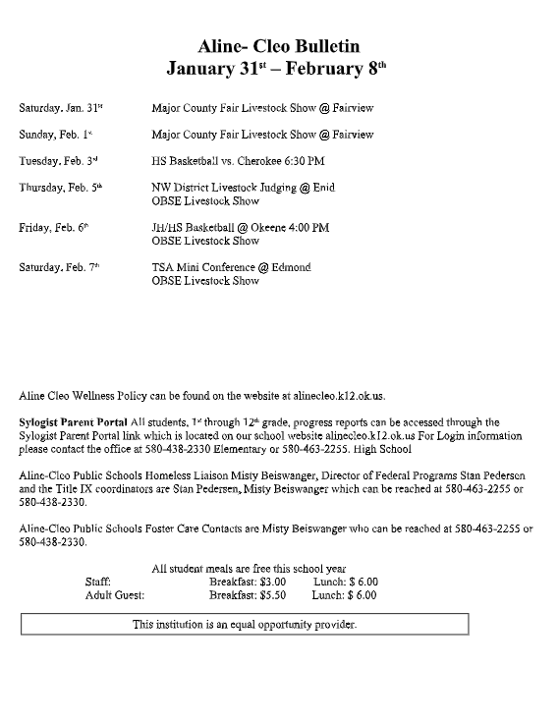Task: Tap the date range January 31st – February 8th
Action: [x=279, y=69]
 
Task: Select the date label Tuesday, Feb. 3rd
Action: [x=60, y=161]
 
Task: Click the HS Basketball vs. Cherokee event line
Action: [x=238, y=161]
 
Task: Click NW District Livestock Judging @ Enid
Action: [x=243, y=188]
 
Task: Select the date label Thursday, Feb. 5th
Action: [x=61, y=188]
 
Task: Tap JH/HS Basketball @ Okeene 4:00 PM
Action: [x=240, y=227]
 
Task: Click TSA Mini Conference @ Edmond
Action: [x=231, y=267]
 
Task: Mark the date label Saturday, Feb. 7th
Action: [x=60, y=267]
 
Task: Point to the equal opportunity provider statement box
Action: [x=245, y=624]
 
